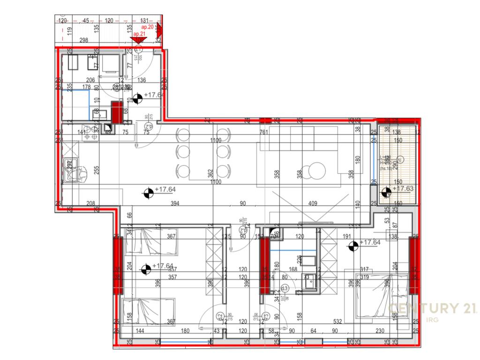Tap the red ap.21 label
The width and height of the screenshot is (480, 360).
(139, 34)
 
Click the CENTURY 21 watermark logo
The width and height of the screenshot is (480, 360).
(433, 308)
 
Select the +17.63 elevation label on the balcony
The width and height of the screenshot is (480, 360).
(403, 188)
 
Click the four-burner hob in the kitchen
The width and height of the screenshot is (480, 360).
(89, 132)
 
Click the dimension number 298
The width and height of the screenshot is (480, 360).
(84, 40)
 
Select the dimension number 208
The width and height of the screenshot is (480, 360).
(91, 203)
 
